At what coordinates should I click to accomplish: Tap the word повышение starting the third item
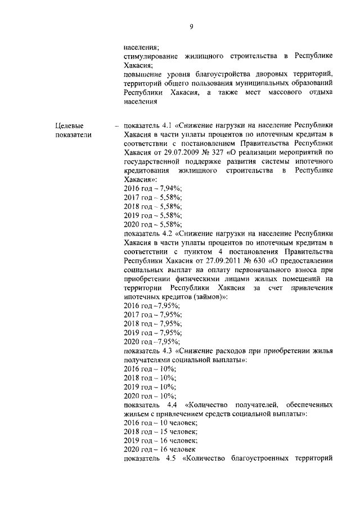click(143, 74)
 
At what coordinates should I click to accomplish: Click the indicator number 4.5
click(172, 458)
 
